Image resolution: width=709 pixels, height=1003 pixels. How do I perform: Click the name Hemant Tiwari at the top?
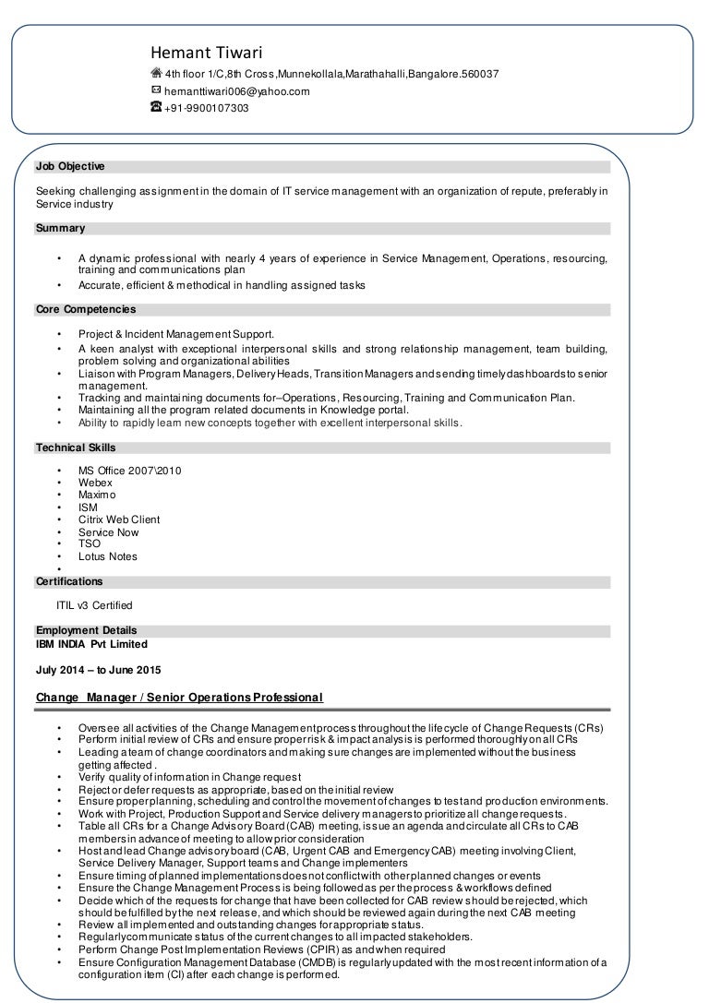click(x=208, y=53)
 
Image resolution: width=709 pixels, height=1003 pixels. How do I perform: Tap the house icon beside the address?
click(x=156, y=74)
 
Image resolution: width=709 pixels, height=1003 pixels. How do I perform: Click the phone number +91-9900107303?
click(x=206, y=108)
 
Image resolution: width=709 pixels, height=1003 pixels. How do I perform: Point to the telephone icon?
click(x=156, y=108)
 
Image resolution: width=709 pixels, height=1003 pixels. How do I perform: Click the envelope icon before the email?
click(x=156, y=90)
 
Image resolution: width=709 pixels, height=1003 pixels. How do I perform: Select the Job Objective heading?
click(x=70, y=167)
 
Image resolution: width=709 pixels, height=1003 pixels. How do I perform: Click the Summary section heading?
click(x=60, y=228)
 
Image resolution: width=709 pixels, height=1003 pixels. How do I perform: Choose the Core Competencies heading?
click(x=85, y=310)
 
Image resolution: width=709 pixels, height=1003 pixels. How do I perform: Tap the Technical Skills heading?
click(x=76, y=448)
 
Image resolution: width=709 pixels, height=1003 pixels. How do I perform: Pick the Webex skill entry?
click(x=95, y=483)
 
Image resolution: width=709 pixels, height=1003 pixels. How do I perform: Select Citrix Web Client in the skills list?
click(x=119, y=519)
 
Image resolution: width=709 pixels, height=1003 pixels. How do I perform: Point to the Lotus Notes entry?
click(x=108, y=556)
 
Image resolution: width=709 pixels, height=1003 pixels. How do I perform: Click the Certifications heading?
click(x=69, y=582)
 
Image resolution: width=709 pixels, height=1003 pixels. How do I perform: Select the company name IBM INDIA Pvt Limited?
click(x=91, y=644)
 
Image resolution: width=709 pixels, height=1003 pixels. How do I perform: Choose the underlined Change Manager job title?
click(x=179, y=697)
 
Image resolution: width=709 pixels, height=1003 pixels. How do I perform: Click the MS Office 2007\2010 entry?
click(x=130, y=471)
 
